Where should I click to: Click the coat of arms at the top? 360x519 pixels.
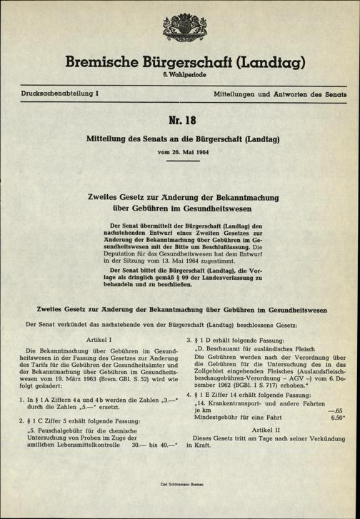click(180, 29)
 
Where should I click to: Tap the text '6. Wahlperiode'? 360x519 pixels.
click(180, 76)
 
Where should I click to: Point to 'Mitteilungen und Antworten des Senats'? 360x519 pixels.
click(276, 94)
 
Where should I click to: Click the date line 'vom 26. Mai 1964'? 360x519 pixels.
click(180, 151)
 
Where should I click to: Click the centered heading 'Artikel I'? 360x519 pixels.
click(99, 341)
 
